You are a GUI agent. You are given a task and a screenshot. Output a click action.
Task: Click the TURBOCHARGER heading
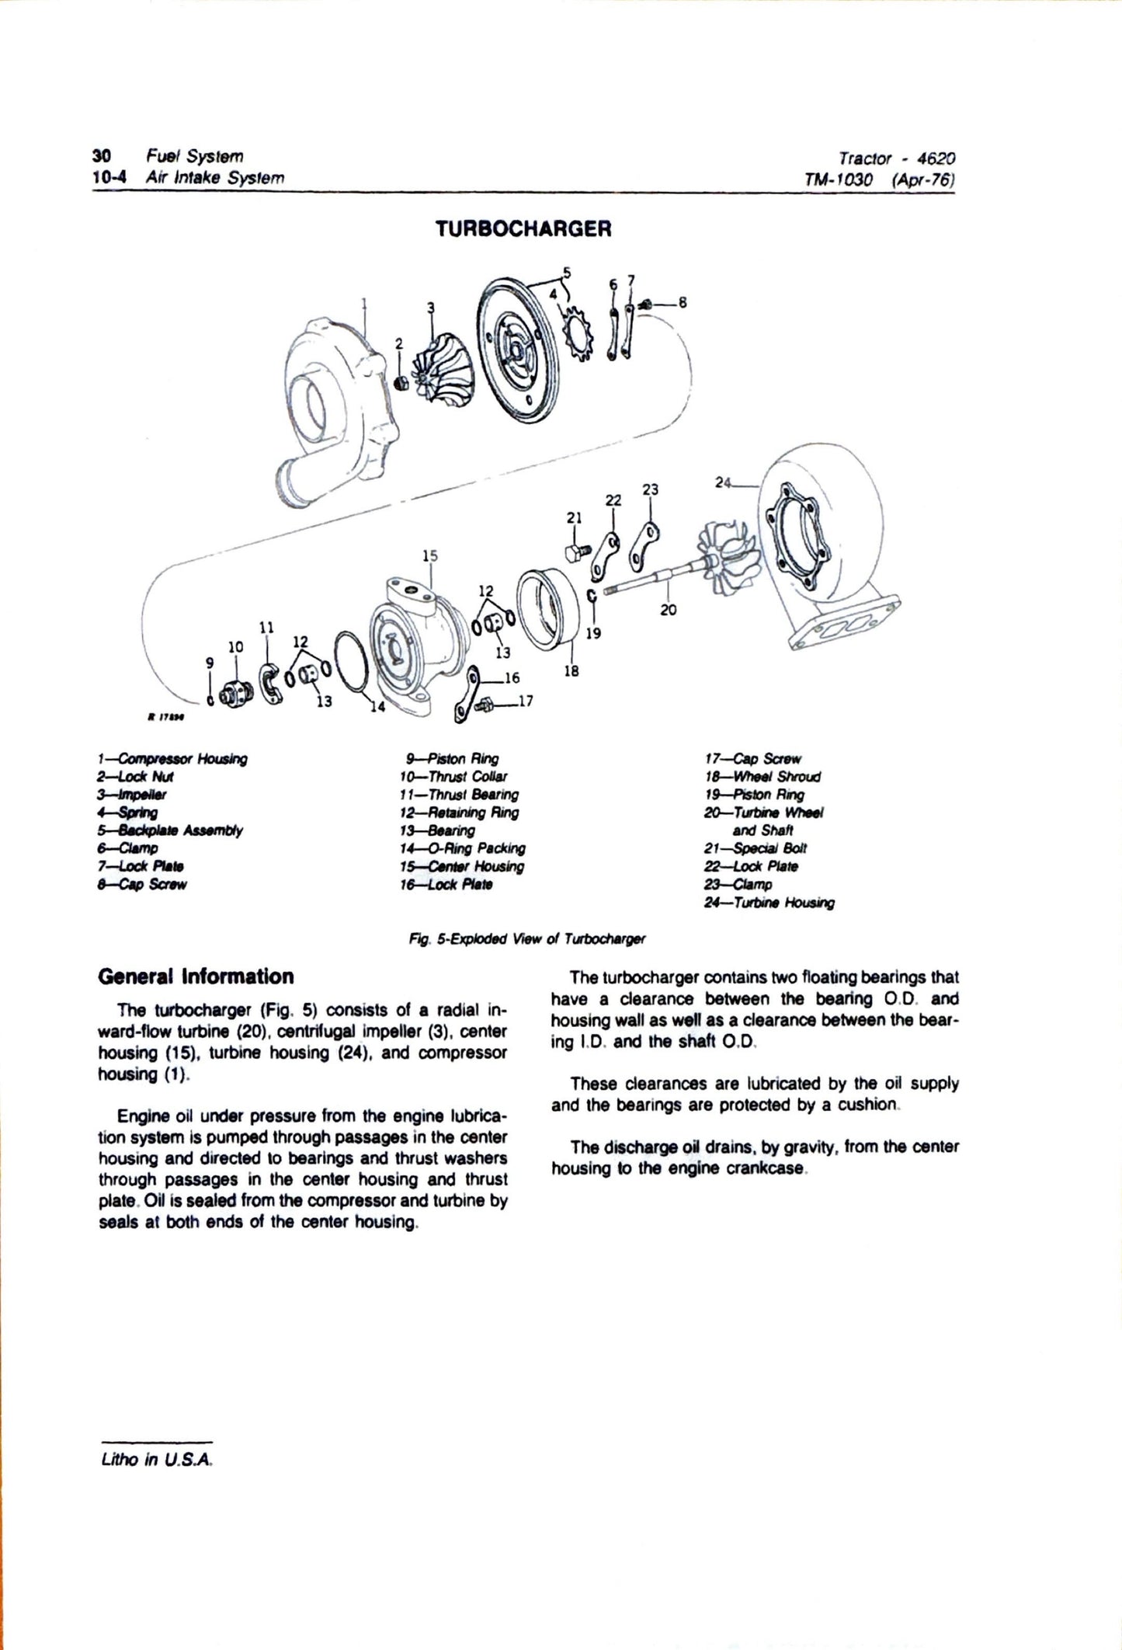pyautogui.click(x=523, y=229)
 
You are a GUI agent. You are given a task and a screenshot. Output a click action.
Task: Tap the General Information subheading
pyautogui.click(x=196, y=976)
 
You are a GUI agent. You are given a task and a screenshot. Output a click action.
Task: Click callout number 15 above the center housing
pyautogui.click(x=430, y=555)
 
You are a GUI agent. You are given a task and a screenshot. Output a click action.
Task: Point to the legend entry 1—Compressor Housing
pyautogui.click(x=172, y=759)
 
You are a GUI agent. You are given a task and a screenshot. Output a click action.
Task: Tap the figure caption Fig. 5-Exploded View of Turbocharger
pyautogui.click(x=527, y=938)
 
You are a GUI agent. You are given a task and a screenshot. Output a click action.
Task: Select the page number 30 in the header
pyautogui.click(x=100, y=156)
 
